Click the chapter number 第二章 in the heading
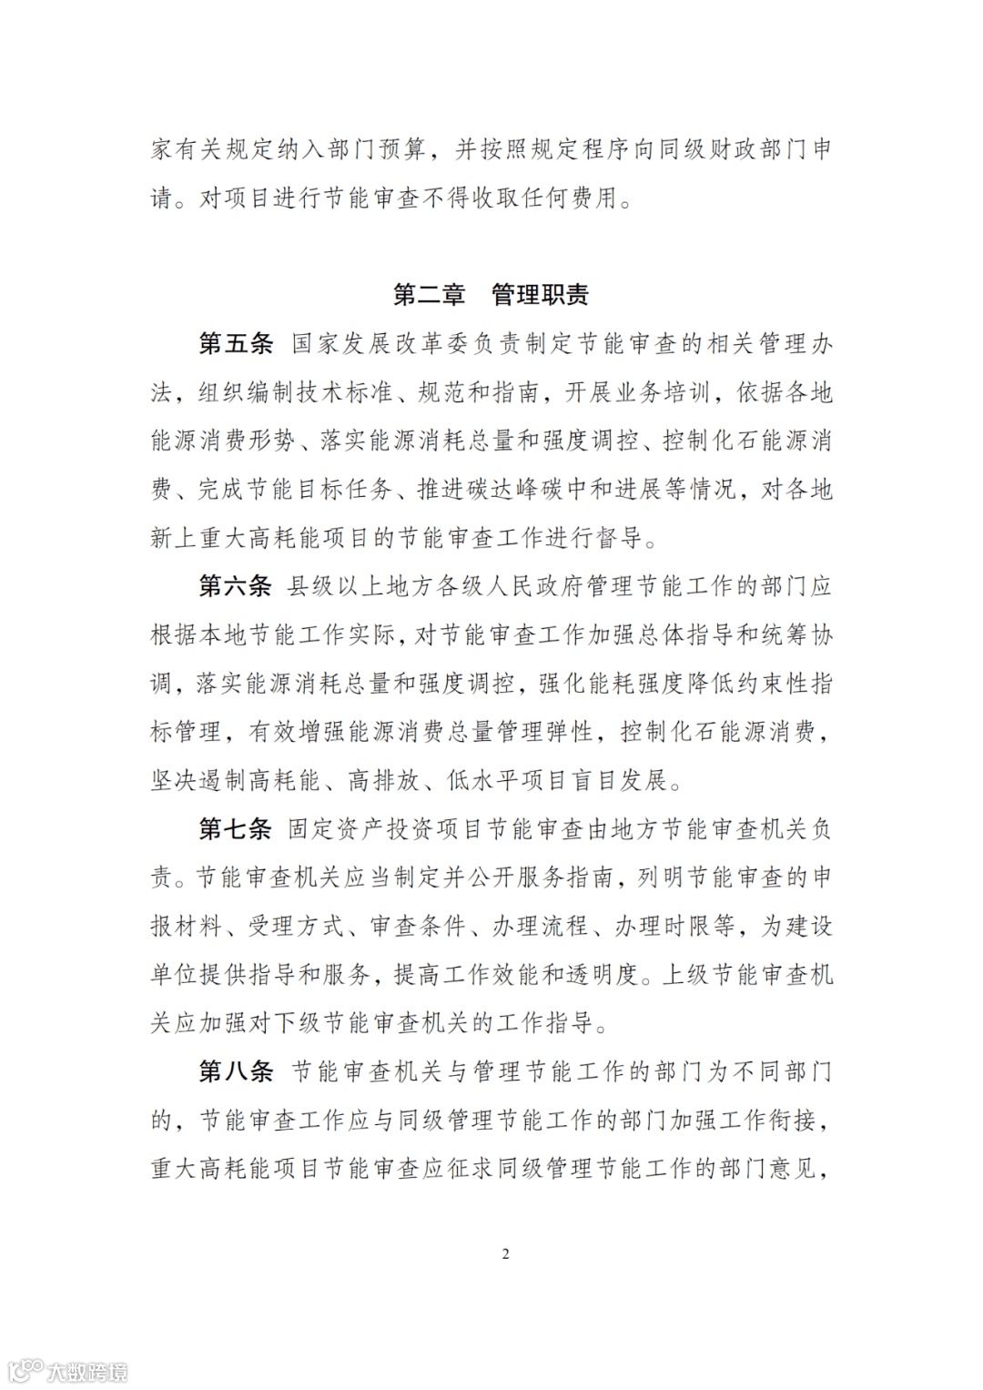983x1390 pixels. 429,295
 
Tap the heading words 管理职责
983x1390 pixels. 540,295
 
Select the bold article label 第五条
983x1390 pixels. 236,344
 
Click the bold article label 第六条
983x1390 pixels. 236,585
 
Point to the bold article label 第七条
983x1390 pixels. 236,828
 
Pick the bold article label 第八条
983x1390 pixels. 236,1071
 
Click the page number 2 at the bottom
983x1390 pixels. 506,1254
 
